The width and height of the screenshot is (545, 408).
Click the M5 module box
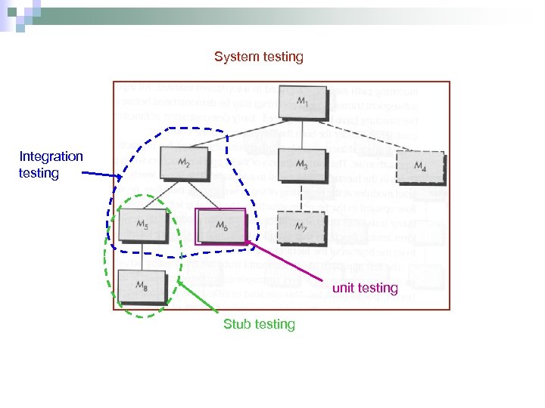(142, 225)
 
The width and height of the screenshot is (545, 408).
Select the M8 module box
(142, 286)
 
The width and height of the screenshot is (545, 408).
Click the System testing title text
(258, 57)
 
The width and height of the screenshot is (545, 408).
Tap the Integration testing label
(51, 165)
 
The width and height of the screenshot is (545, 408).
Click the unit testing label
(365, 288)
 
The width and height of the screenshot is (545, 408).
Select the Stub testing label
(259, 324)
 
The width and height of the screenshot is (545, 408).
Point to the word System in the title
(236, 57)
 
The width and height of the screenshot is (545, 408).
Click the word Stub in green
(237, 324)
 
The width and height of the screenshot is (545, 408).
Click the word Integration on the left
(51, 156)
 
